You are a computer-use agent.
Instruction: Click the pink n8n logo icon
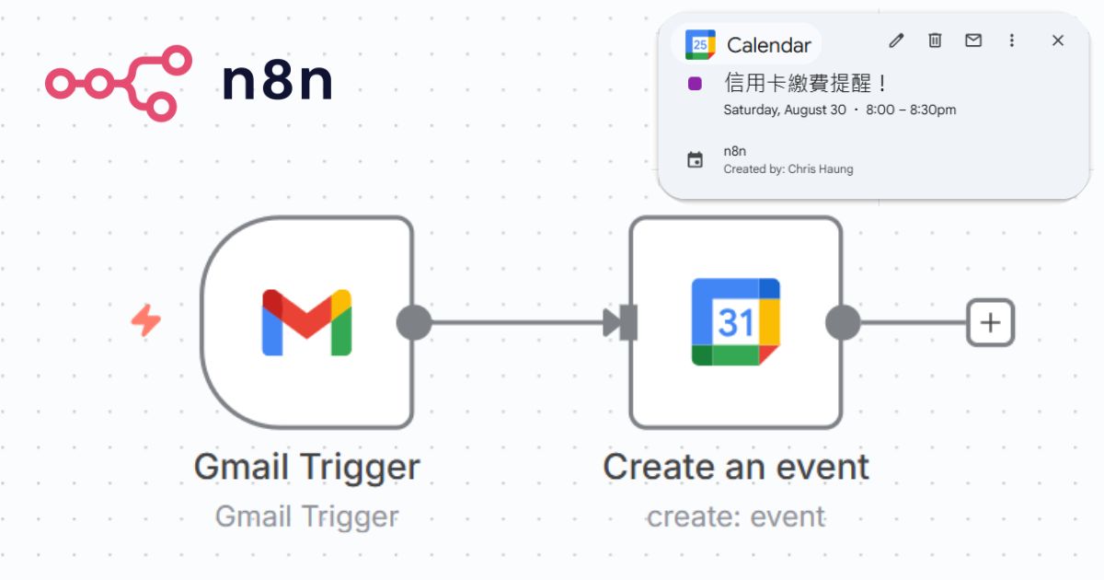pyautogui.click(x=118, y=83)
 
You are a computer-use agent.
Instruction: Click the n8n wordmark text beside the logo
pyautogui.click(x=276, y=83)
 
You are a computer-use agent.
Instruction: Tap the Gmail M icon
pyautogui.click(x=306, y=322)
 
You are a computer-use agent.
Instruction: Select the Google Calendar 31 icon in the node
pyautogui.click(x=735, y=322)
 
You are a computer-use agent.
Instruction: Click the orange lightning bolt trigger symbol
pyautogui.click(x=146, y=321)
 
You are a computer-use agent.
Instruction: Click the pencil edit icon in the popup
pyautogui.click(x=896, y=41)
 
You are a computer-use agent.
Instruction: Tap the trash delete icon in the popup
pyautogui.click(x=935, y=41)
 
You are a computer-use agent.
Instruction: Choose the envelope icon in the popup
pyautogui.click(x=972, y=41)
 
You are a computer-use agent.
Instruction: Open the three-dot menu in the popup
pyautogui.click(x=1011, y=41)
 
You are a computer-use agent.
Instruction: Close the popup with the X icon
pyautogui.click(x=1058, y=41)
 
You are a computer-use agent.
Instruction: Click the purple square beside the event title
pyautogui.click(x=696, y=84)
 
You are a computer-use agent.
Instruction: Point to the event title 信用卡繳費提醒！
pyautogui.click(x=807, y=84)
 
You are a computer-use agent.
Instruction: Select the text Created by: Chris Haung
pyautogui.click(x=788, y=169)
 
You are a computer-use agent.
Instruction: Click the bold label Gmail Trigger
pyautogui.click(x=306, y=468)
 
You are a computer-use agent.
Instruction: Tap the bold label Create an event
pyautogui.click(x=735, y=468)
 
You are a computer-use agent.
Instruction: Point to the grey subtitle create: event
pyautogui.click(x=735, y=517)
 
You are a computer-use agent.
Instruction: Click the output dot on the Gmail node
pyautogui.click(x=414, y=322)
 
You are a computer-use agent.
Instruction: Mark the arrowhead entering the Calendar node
pyautogui.click(x=614, y=322)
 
